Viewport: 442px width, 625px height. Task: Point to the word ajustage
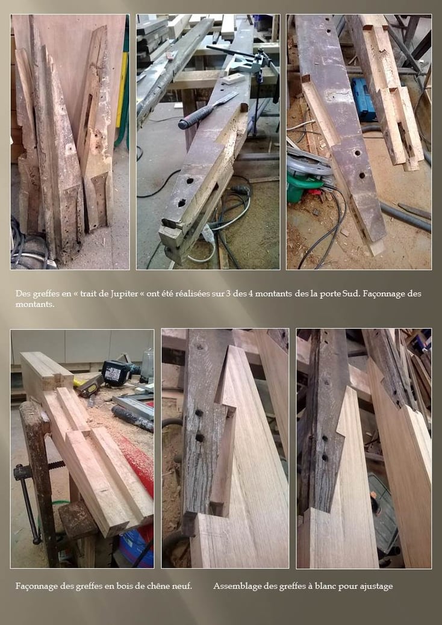coord(376,586)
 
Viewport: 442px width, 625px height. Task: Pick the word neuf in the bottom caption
coord(183,586)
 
